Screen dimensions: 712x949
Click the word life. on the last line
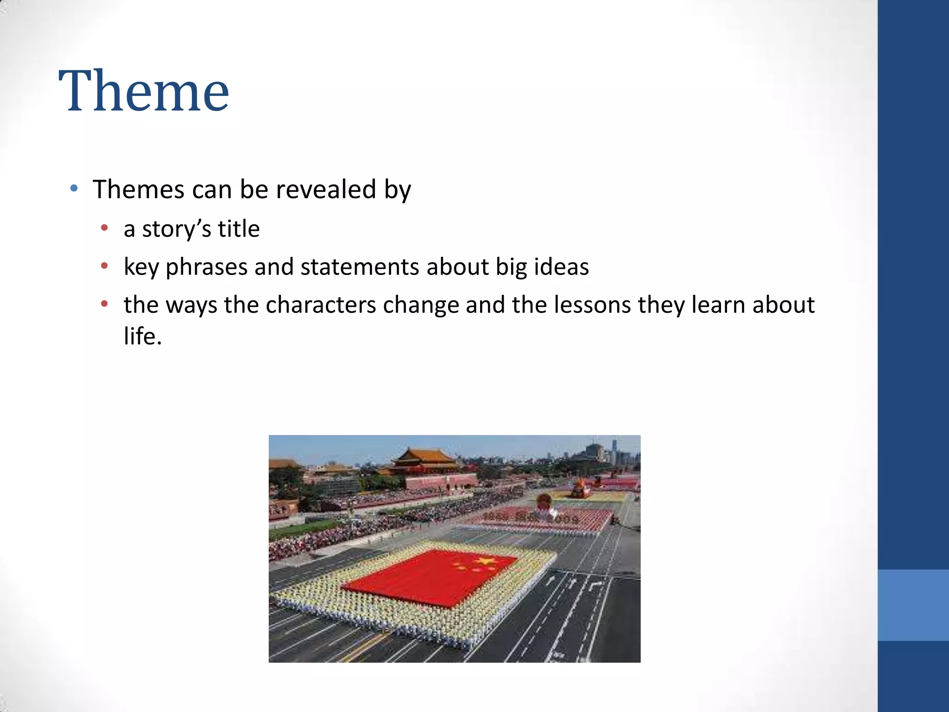[x=143, y=337]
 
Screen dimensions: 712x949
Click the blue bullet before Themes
[x=74, y=188]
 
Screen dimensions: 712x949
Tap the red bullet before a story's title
[x=105, y=228]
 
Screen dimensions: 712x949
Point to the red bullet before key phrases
[x=105, y=266]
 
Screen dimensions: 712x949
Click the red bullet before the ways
[x=105, y=304]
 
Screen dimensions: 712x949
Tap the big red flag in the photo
[x=431, y=577]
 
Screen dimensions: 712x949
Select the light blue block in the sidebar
[x=913, y=605]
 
